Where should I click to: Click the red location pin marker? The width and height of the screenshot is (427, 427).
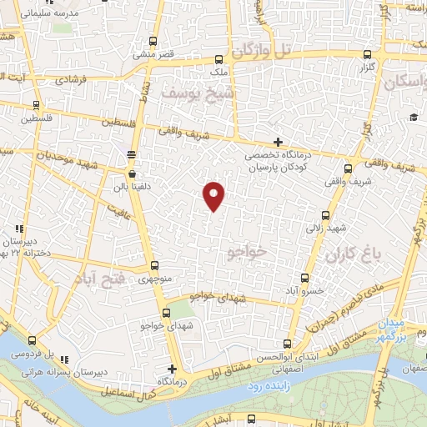tap(214, 194)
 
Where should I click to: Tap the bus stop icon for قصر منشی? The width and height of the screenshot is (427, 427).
tap(152, 41)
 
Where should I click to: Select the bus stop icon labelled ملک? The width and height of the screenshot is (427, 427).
tap(219, 59)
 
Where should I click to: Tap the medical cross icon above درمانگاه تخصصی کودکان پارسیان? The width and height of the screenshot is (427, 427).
tap(278, 143)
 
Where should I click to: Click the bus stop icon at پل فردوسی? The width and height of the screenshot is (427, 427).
tap(32, 340)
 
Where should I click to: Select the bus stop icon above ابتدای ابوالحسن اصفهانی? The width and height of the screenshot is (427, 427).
tap(287, 344)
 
